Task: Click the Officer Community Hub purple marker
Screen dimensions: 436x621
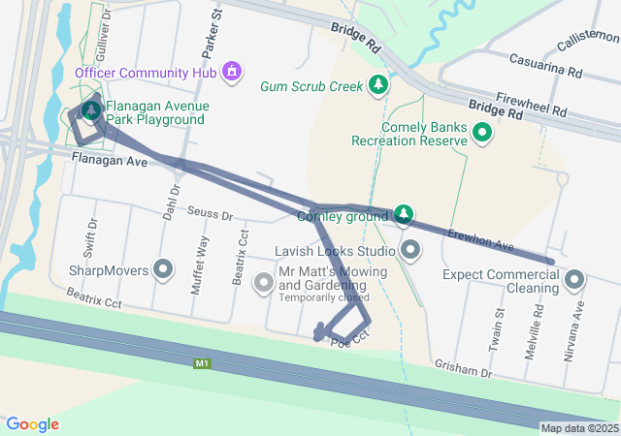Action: [x=231, y=71]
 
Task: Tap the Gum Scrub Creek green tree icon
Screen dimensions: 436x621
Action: [x=378, y=86]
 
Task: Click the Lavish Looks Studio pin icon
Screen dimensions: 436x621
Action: [x=410, y=251]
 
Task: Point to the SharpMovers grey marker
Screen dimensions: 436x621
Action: [x=163, y=269]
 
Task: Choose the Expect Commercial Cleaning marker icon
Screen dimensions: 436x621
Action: [x=574, y=281]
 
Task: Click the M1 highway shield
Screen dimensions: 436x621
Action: [x=202, y=363]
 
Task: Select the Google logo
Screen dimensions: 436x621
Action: [x=32, y=424]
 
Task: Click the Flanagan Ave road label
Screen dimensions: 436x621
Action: [x=109, y=162]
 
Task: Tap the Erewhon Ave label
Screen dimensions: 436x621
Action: [x=480, y=239]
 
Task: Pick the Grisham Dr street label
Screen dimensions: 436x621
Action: [x=464, y=370]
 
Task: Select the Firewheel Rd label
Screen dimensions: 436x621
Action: [x=531, y=104]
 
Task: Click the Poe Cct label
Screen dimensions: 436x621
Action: [x=350, y=343]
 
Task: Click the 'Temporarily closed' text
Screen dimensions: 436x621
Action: [x=324, y=297]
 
